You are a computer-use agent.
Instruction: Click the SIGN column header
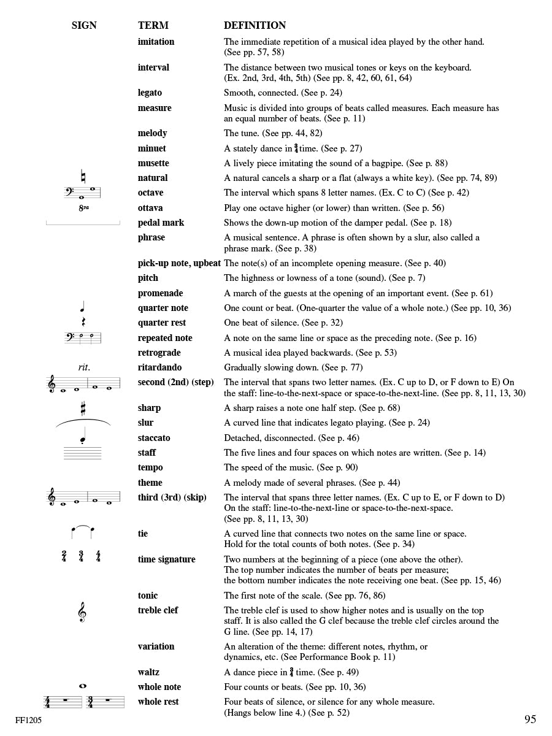coord(84,26)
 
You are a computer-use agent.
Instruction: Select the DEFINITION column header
coord(255,26)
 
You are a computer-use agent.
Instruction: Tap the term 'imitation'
coord(156,42)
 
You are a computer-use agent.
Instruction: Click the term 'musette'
coord(153,163)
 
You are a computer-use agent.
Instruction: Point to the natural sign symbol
coord(83,177)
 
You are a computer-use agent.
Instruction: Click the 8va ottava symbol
coord(83,208)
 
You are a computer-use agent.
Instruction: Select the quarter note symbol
coord(83,307)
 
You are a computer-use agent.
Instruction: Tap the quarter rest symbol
coord(83,323)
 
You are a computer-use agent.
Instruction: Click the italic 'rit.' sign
coord(84,367)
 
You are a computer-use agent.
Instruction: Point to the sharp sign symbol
coord(83,408)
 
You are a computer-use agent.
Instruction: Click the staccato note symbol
coord(83,437)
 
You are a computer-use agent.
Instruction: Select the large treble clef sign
coord(82,612)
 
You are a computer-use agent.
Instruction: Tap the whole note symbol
coord(83,686)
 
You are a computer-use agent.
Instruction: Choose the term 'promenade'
coord(160,293)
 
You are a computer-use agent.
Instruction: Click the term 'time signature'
coord(166,559)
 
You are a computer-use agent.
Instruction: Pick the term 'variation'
coord(156,646)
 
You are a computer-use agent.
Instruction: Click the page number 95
coord(531,719)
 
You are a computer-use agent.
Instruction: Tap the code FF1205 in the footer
coord(29,721)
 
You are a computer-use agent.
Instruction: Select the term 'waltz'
coord(148,672)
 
